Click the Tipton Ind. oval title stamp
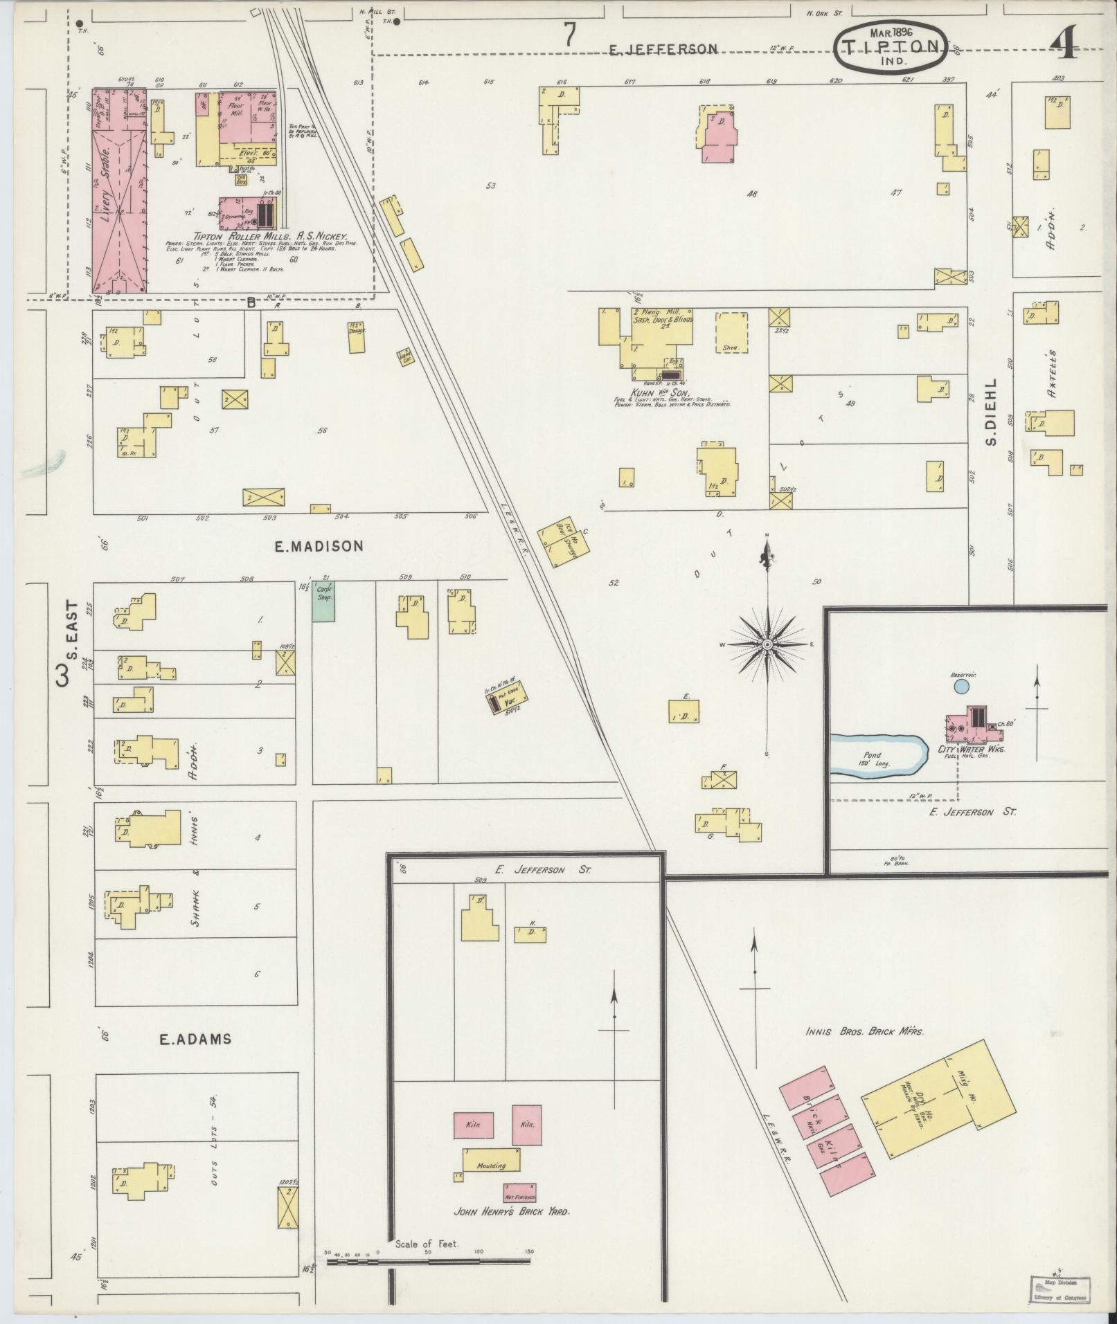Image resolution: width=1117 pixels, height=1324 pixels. (x=891, y=47)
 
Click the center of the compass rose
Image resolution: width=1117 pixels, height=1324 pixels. (x=767, y=644)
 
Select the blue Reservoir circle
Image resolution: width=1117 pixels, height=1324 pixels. (x=960, y=687)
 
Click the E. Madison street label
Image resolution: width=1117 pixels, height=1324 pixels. (x=319, y=546)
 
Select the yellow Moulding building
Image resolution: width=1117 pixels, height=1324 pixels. (x=491, y=1159)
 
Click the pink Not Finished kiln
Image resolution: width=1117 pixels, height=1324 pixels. (x=519, y=1192)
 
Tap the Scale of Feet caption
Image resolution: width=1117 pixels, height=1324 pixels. (x=427, y=1244)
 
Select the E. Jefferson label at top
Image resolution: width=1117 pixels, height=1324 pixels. (x=663, y=49)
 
